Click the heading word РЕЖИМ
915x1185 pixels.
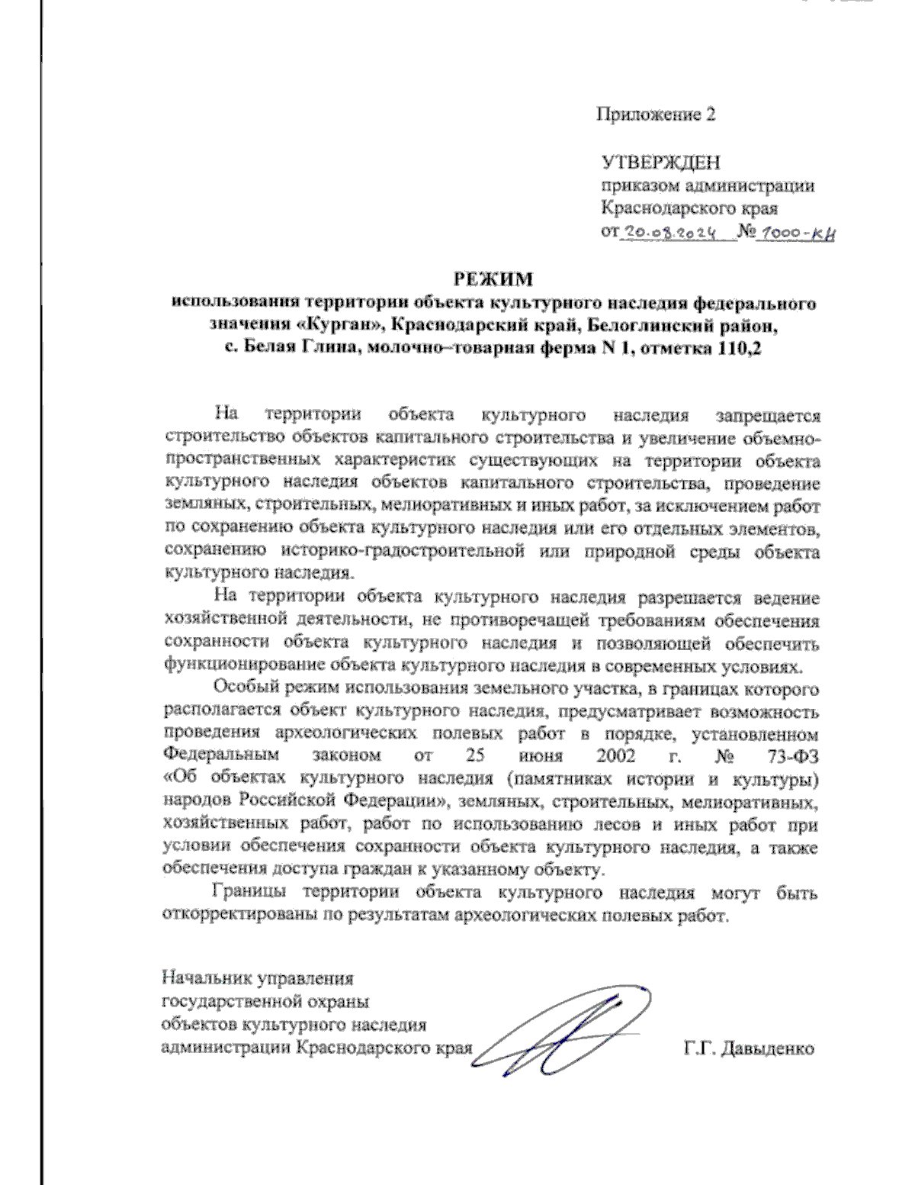point(491,279)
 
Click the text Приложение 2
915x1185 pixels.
point(656,115)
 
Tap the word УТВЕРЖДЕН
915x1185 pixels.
point(660,163)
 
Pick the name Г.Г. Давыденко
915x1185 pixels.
point(749,1048)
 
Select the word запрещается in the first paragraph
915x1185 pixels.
point(768,416)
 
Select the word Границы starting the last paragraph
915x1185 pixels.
point(251,893)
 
